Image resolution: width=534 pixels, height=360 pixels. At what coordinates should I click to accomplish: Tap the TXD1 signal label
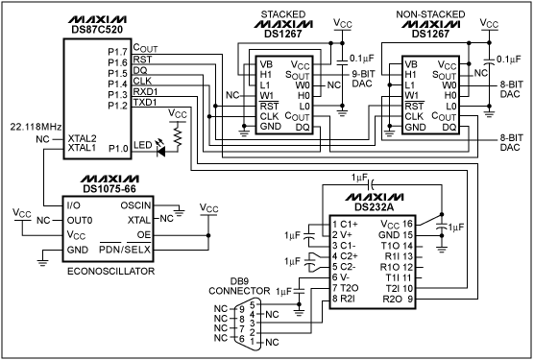146,102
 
